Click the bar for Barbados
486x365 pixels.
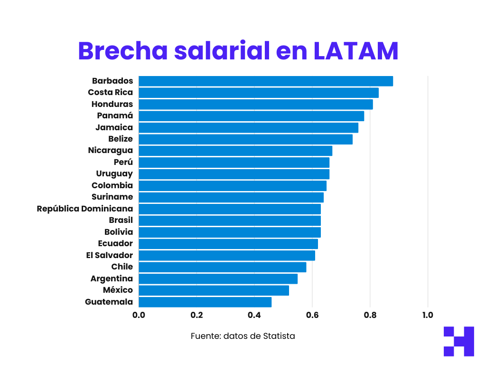click(x=266, y=81)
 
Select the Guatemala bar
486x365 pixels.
click(x=205, y=302)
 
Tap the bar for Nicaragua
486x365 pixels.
click(x=235, y=151)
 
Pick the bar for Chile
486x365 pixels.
click(x=222, y=267)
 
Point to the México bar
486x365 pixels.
click(x=214, y=290)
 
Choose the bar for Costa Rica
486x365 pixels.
click(x=259, y=93)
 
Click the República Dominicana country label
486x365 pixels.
click(x=85, y=209)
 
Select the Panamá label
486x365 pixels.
click(x=115, y=115)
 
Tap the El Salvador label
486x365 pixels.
click(x=110, y=255)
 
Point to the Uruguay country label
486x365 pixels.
click(x=114, y=174)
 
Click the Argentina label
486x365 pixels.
click(x=112, y=279)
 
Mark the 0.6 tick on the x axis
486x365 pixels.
click(x=312, y=315)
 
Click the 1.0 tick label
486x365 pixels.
click(x=428, y=315)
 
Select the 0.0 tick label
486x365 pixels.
click(x=139, y=315)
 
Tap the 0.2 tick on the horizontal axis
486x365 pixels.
click(x=196, y=315)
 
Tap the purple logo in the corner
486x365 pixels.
click(x=458, y=341)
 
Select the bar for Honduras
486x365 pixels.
click(x=256, y=105)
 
